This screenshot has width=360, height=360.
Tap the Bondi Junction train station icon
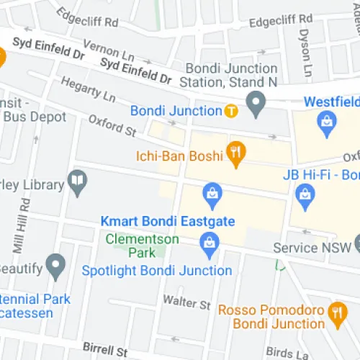coord(230,111)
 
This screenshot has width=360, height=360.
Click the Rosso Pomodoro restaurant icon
coord(335,312)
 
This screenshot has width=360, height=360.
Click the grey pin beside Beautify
coord(55,266)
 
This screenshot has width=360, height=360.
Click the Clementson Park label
coord(131,246)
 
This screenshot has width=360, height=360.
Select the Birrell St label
coord(105,350)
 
